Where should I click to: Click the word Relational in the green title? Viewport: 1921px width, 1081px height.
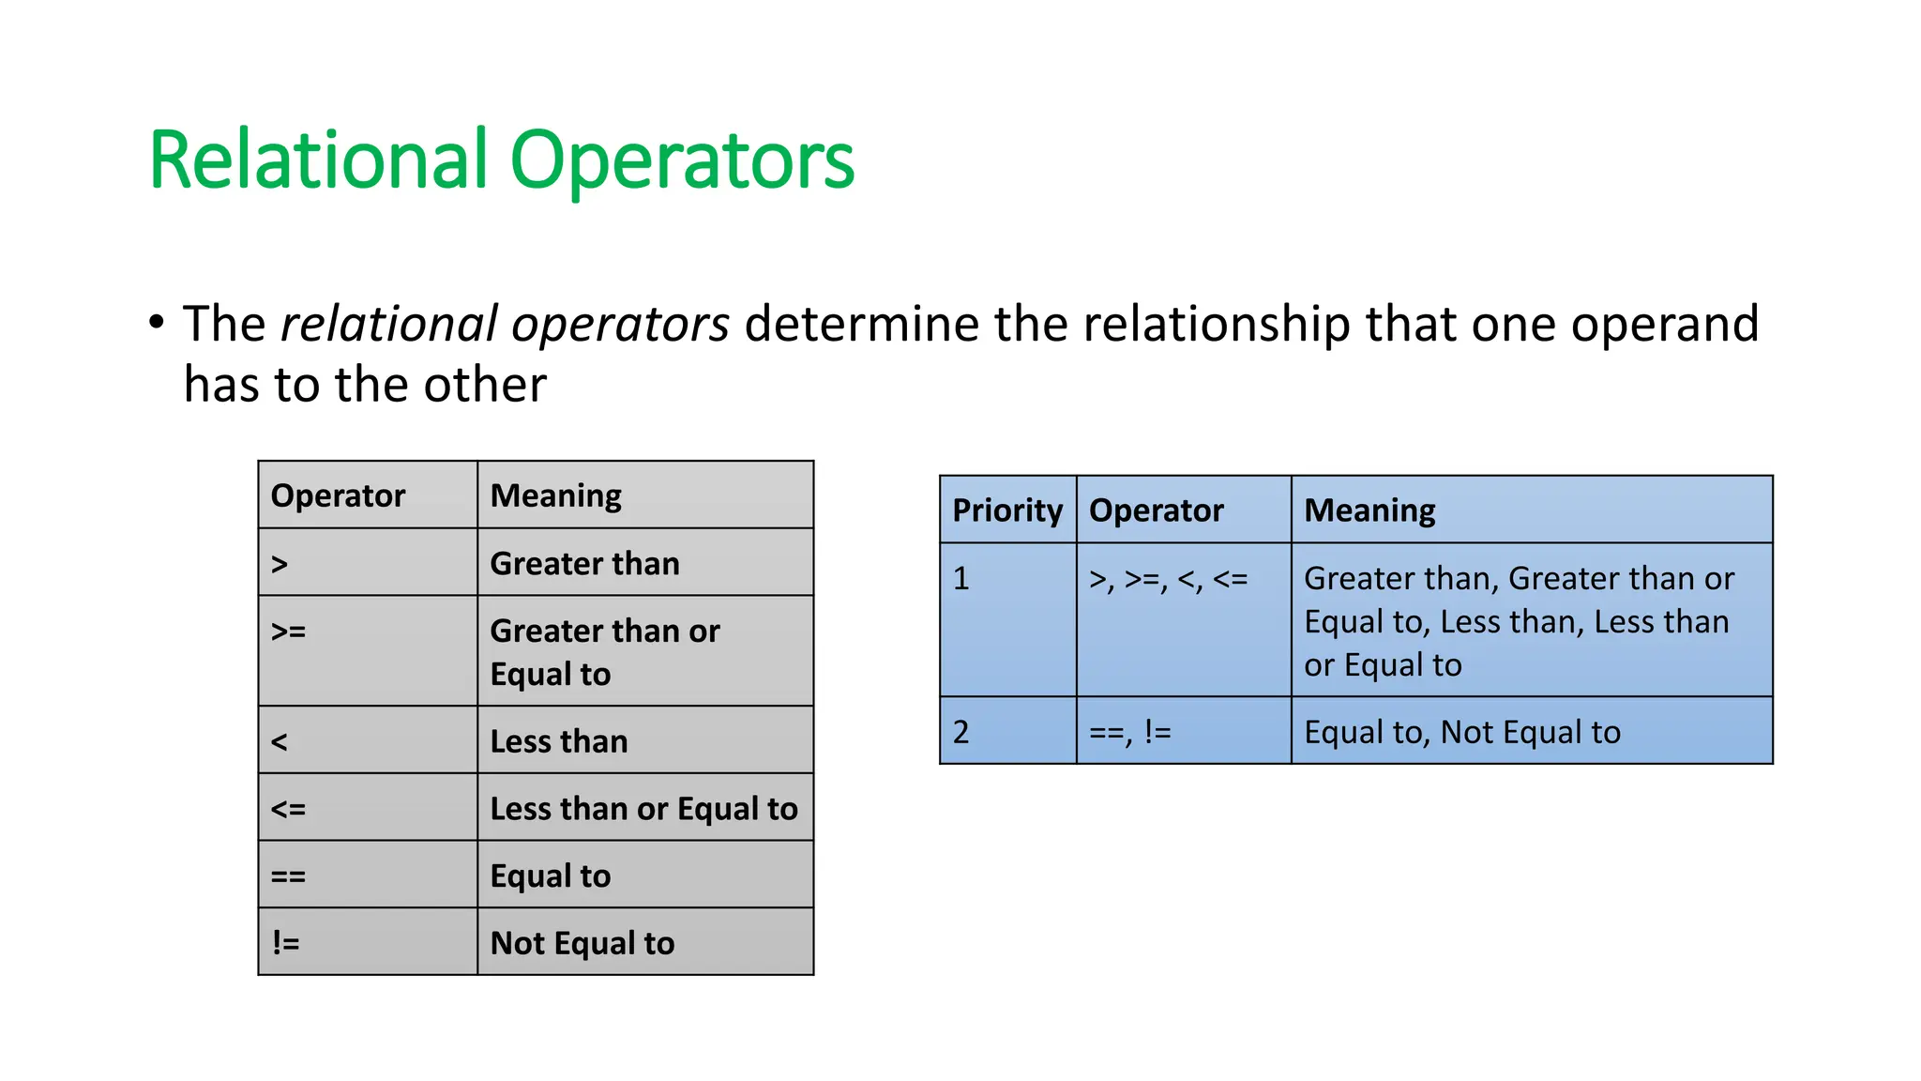coord(318,160)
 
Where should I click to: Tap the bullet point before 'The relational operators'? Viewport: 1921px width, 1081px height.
coord(157,322)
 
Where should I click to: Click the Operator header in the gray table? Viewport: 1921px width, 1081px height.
coord(338,495)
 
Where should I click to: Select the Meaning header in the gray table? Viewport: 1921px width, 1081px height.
coord(555,495)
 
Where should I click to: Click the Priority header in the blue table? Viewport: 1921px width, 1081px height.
coord(1007,510)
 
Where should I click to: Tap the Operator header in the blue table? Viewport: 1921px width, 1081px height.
coord(1156,510)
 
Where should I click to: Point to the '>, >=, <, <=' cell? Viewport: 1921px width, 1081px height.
coord(1168,580)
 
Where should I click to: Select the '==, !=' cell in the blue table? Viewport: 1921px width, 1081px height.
coord(1129,732)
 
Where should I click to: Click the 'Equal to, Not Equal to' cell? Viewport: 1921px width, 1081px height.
coord(1461,732)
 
